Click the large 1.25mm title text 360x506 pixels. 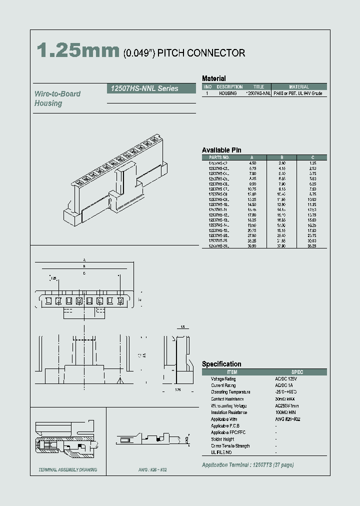(x=78, y=51)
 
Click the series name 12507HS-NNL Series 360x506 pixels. (x=142, y=88)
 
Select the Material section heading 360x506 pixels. (x=213, y=78)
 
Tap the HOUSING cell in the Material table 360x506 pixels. (x=228, y=93)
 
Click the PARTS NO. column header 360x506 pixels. (x=218, y=157)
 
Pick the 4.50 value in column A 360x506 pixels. (x=253, y=163)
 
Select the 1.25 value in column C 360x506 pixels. (x=312, y=163)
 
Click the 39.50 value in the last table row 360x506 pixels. (x=253, y=246)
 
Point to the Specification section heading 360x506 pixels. (x=221, y=364)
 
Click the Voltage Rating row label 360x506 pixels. (x=223, y=379)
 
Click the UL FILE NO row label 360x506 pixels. (x=221, y=452)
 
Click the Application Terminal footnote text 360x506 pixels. (x=247, y=465)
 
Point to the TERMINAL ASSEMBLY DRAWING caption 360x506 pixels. (x=67, y=470)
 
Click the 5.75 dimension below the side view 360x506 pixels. (x=178, y=389)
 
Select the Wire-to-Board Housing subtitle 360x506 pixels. (x=57, y=98)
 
